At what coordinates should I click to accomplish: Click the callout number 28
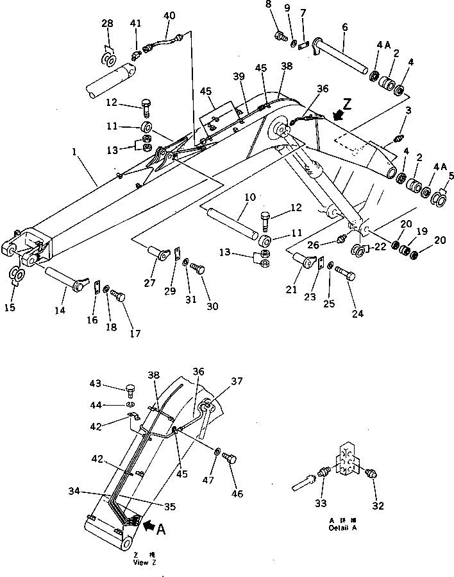pyautogui.click(x=107, y=24)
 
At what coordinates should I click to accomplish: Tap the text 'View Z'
pyautogui.click(x=144, y=562)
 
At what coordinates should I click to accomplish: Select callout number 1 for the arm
pyautogui.click(x=74, y=153)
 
